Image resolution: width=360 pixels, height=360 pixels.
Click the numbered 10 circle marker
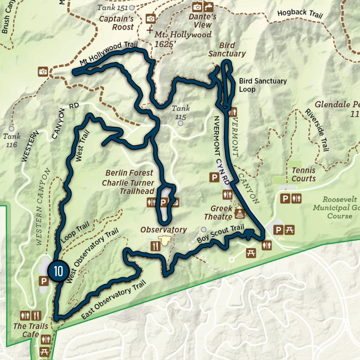coord(58,271)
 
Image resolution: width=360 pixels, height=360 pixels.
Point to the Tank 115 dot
coord(181,123)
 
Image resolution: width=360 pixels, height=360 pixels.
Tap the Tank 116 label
coord(12,140)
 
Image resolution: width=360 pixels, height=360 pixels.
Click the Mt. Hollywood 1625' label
coord(183,39)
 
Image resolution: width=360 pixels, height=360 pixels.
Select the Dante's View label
coord(202,21)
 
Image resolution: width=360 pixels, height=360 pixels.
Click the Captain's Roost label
coord(116,23)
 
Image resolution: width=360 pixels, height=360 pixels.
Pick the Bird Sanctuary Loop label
coord(263,85)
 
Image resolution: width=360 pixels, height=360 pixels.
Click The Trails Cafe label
coord(30,330)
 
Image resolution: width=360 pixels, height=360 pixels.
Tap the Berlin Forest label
coord(129,173)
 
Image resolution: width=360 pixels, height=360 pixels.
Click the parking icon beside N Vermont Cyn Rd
coord(215,177)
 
